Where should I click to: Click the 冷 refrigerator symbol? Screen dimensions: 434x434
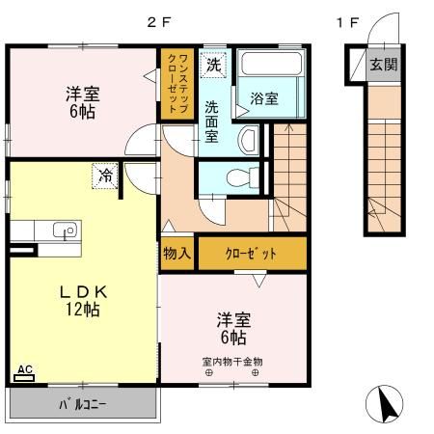(103, 176)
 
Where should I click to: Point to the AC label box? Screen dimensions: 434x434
(25, 370)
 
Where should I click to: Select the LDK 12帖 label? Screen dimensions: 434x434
(82, 300)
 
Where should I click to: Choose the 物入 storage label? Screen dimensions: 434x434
(176, 254)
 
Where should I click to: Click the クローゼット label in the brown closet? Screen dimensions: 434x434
(252, 254)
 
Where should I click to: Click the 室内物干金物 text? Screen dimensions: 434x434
(232, 362)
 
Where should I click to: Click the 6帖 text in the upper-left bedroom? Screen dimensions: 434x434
(84, 111)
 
